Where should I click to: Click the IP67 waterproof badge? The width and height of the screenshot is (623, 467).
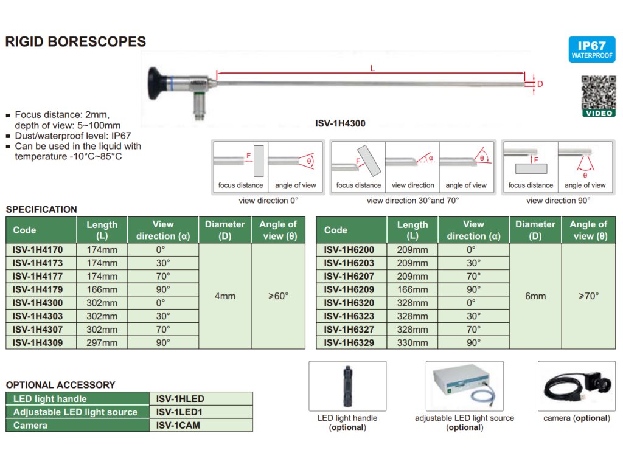pyautogui.click(x=588, y=49)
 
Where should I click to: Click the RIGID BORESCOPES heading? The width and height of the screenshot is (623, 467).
pyautogui.click(x=75, y=42)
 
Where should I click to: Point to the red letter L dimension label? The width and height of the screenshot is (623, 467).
pyautogui.click(x=373, y=69)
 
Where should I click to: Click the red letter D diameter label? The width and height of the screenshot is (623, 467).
pyautogui.click(x=539, y=84)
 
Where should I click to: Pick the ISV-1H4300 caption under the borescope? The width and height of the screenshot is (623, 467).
pyautogui.click(x=340, y=123)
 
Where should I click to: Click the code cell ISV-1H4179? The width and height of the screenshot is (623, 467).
pyautogui.click(x=38, y=289)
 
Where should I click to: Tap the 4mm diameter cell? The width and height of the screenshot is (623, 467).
pyautogui.click(x=225, y=296)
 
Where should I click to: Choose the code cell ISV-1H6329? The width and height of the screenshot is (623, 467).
pyautogui.click(x=349, y=342)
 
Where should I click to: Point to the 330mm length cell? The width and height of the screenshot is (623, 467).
pyautogui.click(x=412, y=342)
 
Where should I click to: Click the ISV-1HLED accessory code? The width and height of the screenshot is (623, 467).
pyautogui.click(x=180, y=399)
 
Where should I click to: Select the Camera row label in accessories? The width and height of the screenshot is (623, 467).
pyautogui.click(x=30, y=426)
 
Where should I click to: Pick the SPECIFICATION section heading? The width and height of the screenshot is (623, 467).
pyautogui.click(x=41, y=209)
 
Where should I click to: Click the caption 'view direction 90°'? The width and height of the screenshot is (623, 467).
pyautogui.click(x=558, y=200)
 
